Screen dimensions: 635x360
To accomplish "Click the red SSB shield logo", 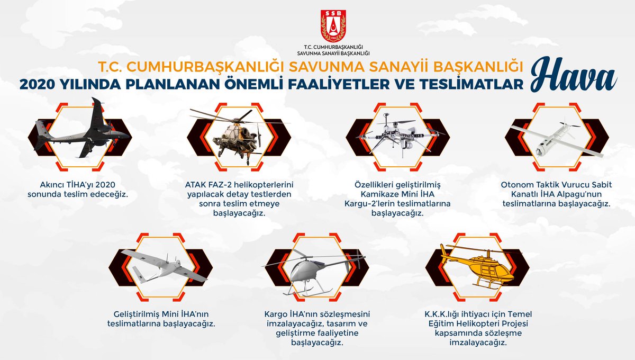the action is [x=333, y=26].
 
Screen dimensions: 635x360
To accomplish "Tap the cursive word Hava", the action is [x=574, y=75].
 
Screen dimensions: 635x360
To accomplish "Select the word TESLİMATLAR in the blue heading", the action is [x=471, y=84].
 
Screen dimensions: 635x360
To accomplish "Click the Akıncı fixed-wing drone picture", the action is [x=82, y=128].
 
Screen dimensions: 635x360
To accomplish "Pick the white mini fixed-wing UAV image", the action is [x=165, y=267].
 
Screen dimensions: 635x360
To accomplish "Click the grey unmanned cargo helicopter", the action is [x=315, y=272].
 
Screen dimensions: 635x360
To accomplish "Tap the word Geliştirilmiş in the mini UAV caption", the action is [x=137, y=314].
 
